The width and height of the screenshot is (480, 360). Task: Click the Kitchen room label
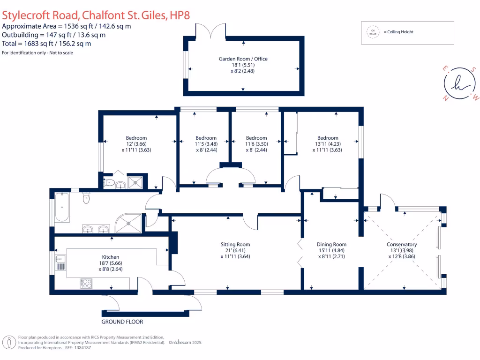click(111, 257)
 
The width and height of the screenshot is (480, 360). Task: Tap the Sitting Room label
click(235, 244)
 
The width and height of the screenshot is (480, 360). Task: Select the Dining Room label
click(331, 244)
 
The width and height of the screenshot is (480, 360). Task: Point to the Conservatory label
click(402, 244)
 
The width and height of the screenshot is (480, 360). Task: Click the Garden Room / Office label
click(243, 59)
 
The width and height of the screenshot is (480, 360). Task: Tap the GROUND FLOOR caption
click(122, 322)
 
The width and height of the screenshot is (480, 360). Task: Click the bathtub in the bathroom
click(62, 208)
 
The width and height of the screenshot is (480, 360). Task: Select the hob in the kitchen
click(87, 283)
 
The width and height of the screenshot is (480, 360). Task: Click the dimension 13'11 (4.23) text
click(327, 144)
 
